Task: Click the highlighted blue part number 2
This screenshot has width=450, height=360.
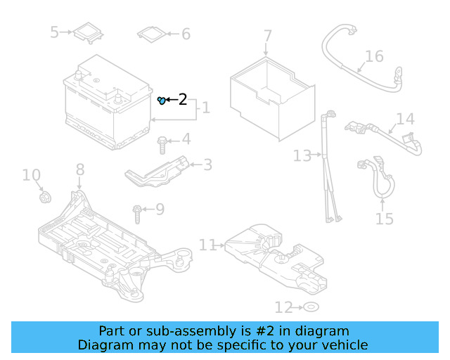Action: point(161,101)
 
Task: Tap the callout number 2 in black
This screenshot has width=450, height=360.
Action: point(183,100)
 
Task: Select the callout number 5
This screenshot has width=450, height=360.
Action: point(55,32)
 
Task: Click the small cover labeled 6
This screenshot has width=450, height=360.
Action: point(153,33)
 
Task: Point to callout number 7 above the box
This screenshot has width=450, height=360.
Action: point(268,36)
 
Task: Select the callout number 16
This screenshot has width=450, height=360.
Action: point(374,56)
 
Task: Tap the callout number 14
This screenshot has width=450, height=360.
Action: point(406,119)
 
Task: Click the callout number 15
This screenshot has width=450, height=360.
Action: point(384,219)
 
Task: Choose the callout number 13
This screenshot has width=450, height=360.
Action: point(302,155)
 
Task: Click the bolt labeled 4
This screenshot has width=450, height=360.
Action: point(162,145)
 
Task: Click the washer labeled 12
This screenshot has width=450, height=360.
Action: point(310,307)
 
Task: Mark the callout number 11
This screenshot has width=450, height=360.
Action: point(207,245)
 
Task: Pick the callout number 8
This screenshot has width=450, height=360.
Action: point(79,169)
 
